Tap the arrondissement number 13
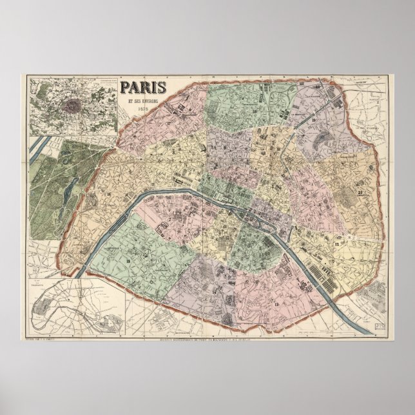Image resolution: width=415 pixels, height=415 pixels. (277, 303)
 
